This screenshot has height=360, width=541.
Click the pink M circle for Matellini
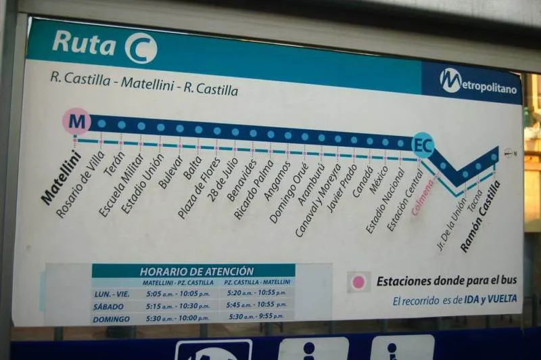(76, 122)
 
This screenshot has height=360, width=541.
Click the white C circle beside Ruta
(141, 48)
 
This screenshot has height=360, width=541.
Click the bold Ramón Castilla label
(481, 216)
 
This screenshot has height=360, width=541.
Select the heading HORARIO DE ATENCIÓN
(197, 271)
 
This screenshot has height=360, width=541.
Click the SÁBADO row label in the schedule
(109, 306)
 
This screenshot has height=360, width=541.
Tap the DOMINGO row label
(111, 319)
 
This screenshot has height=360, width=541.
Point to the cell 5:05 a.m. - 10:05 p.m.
(176, 294)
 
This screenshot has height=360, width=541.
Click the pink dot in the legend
(359, 282)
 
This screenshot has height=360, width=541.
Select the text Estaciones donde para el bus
(446, 281)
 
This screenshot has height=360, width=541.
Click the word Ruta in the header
(85, 43)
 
